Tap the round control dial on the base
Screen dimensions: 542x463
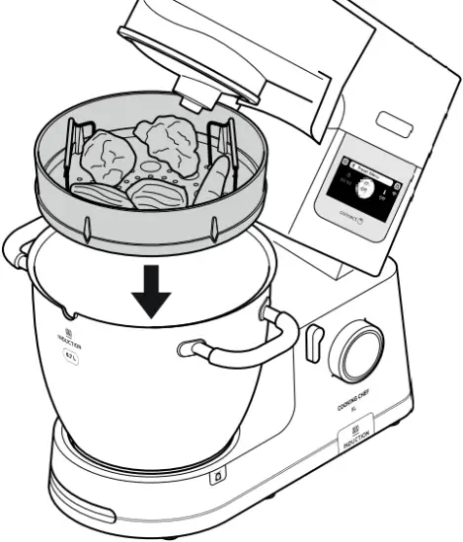361,351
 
